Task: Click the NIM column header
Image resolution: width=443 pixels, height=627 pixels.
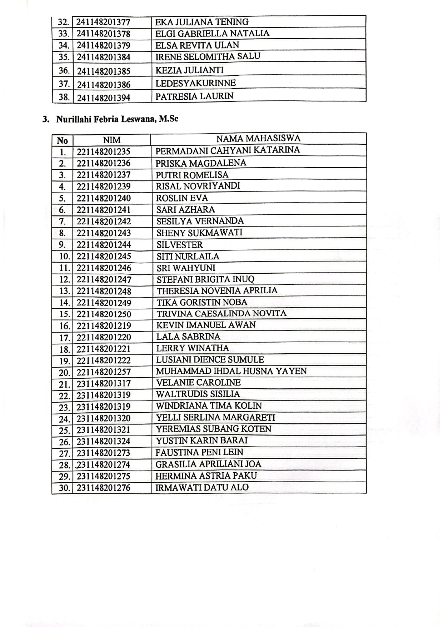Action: [112, 140]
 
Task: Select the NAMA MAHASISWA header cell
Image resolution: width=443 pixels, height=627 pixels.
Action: [258, 139]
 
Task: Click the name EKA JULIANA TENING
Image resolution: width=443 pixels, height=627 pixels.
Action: [202, 22]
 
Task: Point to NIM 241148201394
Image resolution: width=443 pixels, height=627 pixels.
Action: [104, 98]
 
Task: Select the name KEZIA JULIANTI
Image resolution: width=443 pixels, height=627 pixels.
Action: [189, 70]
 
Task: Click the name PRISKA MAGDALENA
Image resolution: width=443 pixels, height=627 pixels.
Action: [201, 163]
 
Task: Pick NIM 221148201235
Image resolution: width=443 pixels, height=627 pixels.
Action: [104, 152]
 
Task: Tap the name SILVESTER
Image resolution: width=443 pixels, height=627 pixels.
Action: [180, 245]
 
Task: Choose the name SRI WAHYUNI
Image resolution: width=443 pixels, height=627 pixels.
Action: [186, 268]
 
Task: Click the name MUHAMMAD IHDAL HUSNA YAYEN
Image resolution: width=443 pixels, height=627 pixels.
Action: [232, 371]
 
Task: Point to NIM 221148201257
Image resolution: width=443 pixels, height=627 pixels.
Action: [104, 372]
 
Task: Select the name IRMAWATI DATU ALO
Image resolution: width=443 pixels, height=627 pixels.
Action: [202, 487]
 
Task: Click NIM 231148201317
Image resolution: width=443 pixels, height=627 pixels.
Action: [104, 384]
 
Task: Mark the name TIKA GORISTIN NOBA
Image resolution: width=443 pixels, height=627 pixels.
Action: [202, 303]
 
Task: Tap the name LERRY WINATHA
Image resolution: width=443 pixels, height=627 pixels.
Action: [193, 348]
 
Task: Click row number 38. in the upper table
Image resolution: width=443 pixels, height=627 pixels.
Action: [64, 97]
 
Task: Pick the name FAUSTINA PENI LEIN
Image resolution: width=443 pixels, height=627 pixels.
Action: [199, 453]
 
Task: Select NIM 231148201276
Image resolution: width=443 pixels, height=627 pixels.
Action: [104, 488]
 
